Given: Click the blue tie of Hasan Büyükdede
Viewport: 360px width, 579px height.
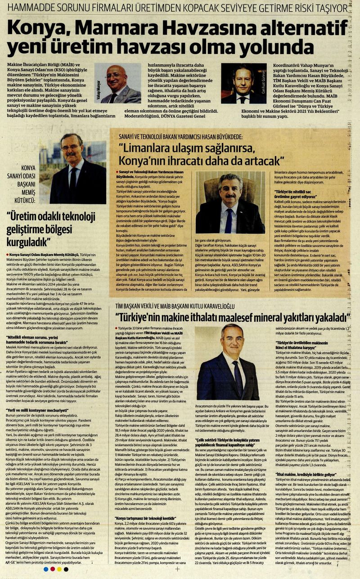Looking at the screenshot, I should [229, 220].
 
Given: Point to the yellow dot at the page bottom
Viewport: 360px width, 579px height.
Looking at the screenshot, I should [59, 569].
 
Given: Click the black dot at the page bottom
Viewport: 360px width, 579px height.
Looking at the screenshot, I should [66, 569].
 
